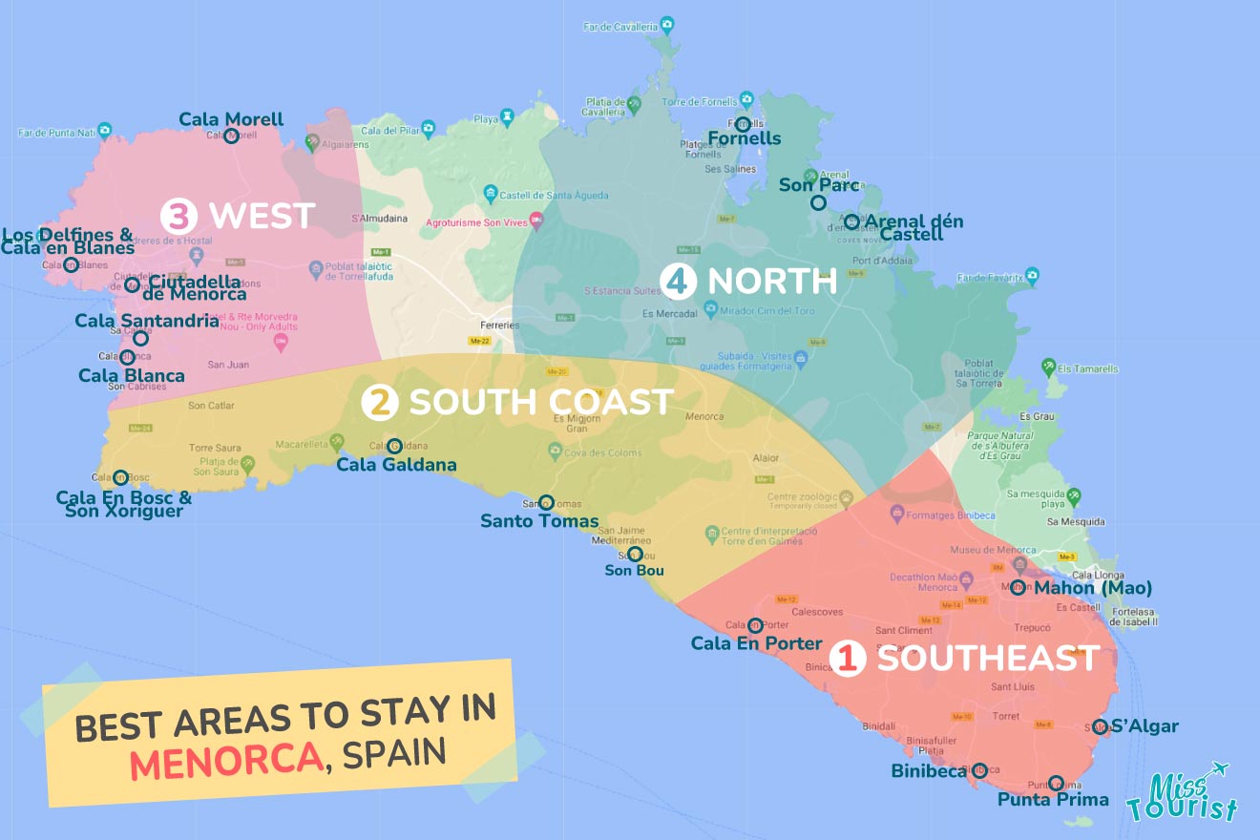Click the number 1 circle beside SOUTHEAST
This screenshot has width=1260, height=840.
pyautogui.click(x=848, y=659)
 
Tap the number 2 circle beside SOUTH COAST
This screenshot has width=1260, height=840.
pyautogui.click(x=379, y=403)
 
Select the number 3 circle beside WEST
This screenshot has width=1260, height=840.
pyautogui.click(x=178, y=217)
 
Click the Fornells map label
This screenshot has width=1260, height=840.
pyautogui.click(x=745, y=138)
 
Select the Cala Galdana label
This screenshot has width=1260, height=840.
pyautogui.click(x=396, y=465)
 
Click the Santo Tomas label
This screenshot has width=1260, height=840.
pyautogui.click(x=539, y=521)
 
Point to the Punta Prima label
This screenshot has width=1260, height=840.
pyautogui.click(x=1053, y=800)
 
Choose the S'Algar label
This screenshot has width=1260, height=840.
pyautogui.click(x=1144, y=726)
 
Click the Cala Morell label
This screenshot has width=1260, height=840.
pyautogui.click(x=231, y=119)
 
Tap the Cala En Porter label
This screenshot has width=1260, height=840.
pyautogui.click(x=756, y=643)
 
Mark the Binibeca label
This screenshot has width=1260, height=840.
pyautogui.click(x=929, y=770)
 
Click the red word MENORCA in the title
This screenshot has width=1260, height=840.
pyautogui.click(x=225, y=759)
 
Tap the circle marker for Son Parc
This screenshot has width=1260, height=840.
pyautogui.click(x=818, y=203)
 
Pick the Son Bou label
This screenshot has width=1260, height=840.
pyautogui.click(x=634, y=571)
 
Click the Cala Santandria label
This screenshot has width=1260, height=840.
pyautogui.click(x=147, y=321)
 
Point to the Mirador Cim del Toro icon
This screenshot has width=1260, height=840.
pyautogui.click(x=710, y=308)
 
